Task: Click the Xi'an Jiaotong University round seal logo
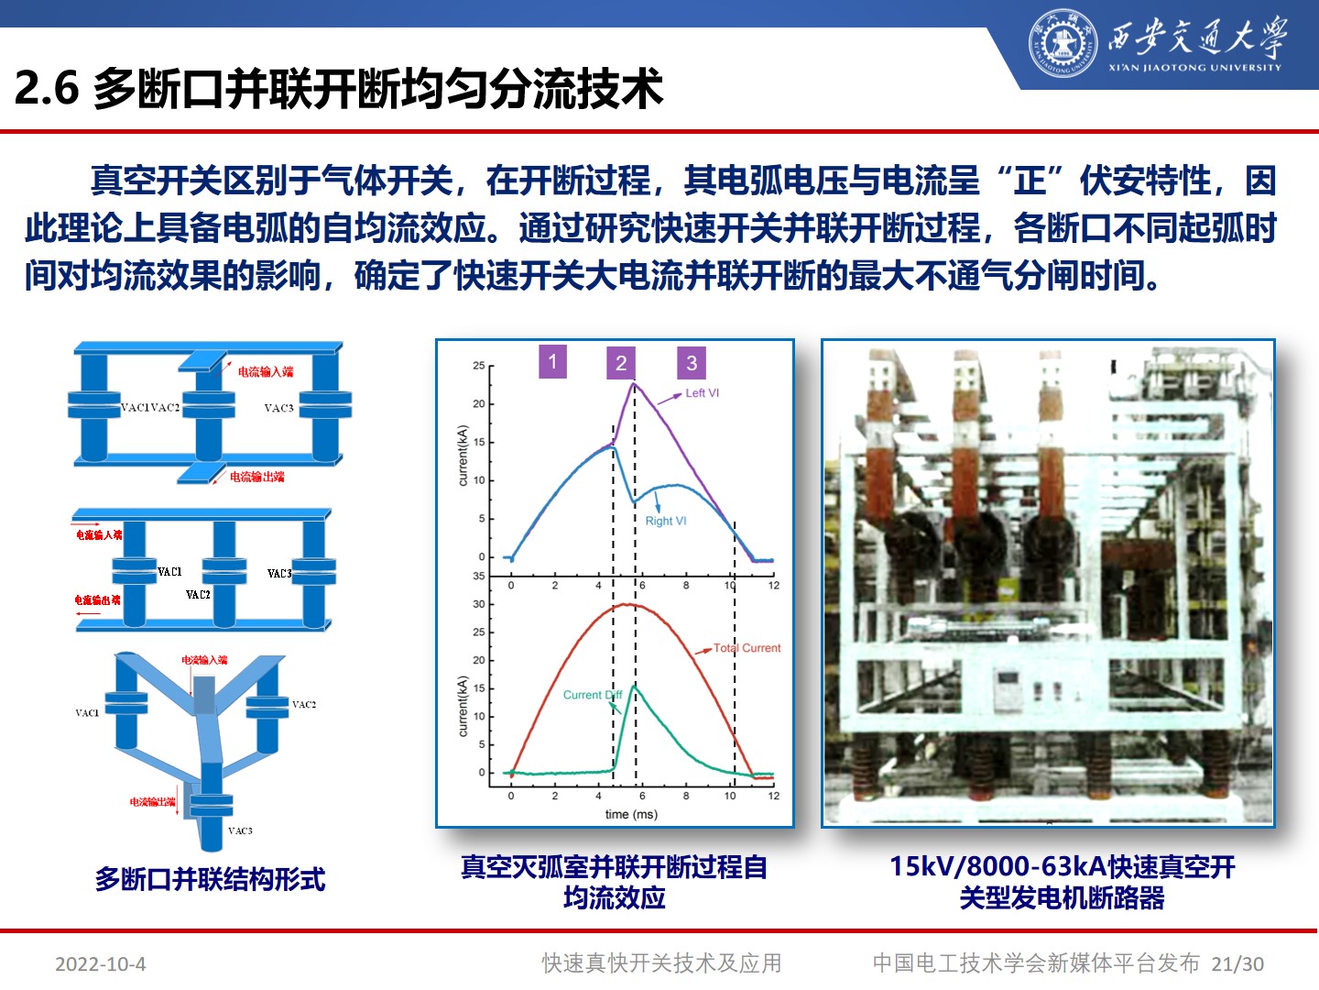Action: point(1062,43)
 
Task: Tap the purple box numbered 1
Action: point(552,361)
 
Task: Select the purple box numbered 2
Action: point(621,363)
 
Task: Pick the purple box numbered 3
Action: point(692,363)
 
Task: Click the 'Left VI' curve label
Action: point(703,393)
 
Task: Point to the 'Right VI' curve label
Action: point(666,522)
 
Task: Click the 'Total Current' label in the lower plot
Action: point(747,648)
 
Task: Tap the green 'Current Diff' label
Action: point(592,695)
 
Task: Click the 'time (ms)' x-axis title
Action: point(631,814)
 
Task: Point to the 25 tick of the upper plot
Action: point(479,366)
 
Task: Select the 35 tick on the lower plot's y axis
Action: point(479,576)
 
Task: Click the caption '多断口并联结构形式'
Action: point(210,880)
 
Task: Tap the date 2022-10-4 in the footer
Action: point(101,964)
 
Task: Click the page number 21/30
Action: point(1237,964)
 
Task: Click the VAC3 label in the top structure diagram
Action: point(278,408)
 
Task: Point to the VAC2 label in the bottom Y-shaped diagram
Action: point(304,705)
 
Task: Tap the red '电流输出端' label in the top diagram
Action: point(257,477)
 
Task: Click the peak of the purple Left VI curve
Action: point(633,383)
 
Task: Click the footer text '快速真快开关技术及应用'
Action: point(661,963)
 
